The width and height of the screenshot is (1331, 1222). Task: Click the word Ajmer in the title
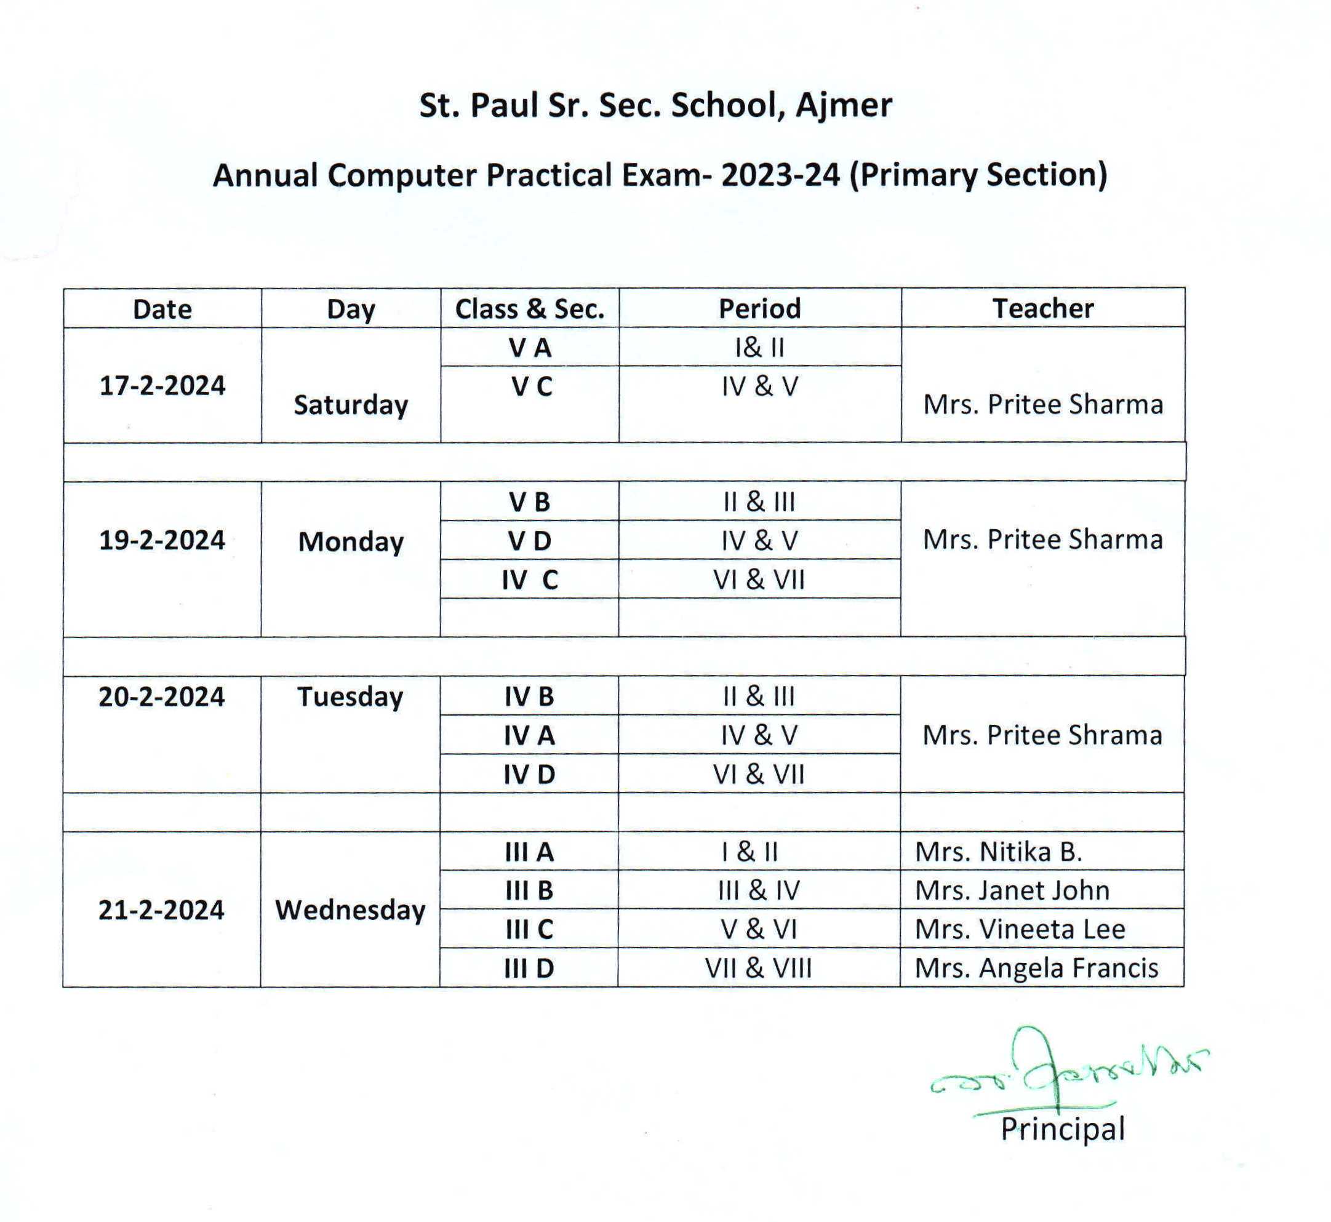tap(843, 105)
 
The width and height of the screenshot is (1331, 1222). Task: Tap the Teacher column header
tap(1043, 309)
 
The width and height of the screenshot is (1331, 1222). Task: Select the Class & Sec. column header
tap(530, 309)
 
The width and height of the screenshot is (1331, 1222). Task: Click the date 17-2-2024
tap(162, 386)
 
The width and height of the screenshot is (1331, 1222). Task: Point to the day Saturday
tap(350, 405)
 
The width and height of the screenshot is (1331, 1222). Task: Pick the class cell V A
tap(530, 348)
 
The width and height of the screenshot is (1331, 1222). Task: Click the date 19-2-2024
tap(162, 540)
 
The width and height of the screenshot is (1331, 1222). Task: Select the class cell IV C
tap(530, 580)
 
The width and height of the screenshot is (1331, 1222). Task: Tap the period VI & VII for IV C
tap(759, 580)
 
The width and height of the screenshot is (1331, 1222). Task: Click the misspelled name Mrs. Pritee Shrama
tap(1042, 735)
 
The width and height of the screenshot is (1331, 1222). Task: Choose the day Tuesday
tap(350, 697)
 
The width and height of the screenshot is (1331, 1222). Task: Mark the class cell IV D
tap(529, 774)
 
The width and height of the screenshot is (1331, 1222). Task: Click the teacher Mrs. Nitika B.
tap(999, 852)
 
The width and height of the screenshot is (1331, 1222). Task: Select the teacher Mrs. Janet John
tap(1012, 891)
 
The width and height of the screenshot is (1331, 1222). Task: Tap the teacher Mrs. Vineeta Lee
tap(1020, 930)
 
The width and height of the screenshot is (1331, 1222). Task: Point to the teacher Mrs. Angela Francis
tap(1036, 968)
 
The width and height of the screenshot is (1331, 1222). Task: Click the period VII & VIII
tap(758, 968)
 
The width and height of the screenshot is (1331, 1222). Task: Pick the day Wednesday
tap(350, 911)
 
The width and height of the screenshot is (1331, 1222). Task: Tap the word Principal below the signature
tap(1063, 1128)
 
